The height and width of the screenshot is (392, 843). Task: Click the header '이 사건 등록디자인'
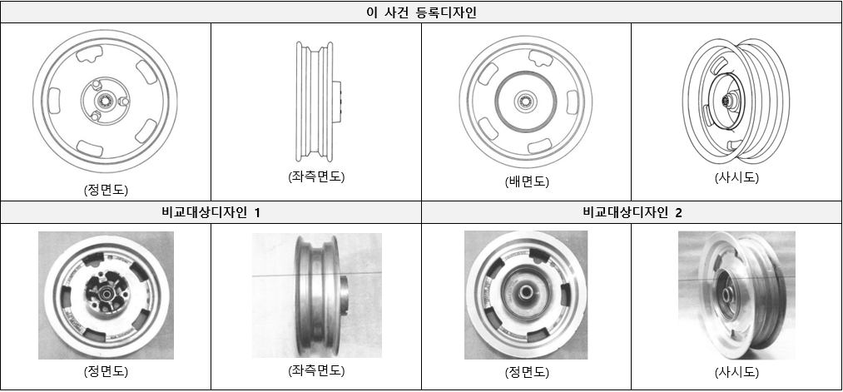click(421, 12)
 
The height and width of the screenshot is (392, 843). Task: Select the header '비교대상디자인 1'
click(211, 212)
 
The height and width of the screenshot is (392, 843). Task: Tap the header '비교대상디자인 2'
click(632, 212)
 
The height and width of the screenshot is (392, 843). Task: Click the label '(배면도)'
click(526, 181)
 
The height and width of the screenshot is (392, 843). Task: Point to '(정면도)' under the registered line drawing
click(106, 189)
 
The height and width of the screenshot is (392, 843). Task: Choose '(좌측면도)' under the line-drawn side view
click(315, 176)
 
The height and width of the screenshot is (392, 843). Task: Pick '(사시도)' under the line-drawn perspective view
click(736, 177)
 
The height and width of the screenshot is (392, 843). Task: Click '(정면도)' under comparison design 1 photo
click(106, 371)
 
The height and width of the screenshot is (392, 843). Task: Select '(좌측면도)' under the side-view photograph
click(315, 370)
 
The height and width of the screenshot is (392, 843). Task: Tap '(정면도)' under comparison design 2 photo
click(526, 371)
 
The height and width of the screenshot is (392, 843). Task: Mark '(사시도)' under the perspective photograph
click(736, 371)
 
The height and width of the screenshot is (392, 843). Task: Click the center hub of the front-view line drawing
click(106, 101)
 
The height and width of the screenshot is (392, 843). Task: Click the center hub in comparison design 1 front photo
click(107, 294)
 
